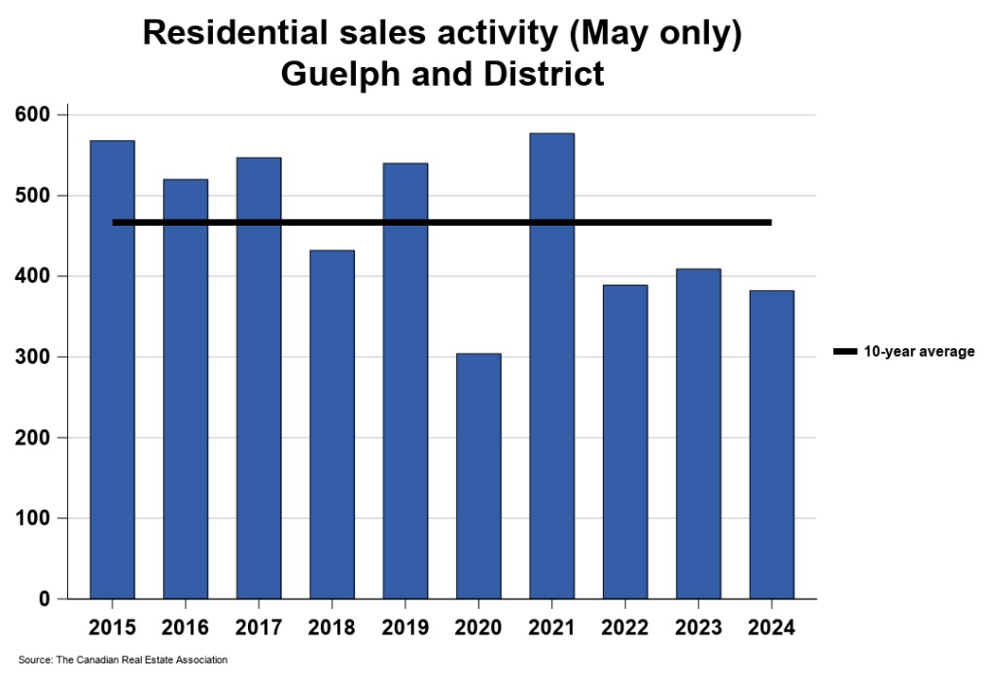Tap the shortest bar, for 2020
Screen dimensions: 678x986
[x=478, y=476]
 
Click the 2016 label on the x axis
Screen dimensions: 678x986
[x=186, y=627]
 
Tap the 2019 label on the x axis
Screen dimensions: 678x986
[x=405, y=627]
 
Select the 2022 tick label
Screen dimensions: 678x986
[x=625, y=627]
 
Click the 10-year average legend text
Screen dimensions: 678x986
[x=919, y=352]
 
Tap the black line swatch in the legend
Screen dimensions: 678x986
[x=845, y=352]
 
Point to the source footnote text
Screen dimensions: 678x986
[x=123, y=660]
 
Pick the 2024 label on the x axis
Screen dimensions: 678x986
[x=772, y=627]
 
